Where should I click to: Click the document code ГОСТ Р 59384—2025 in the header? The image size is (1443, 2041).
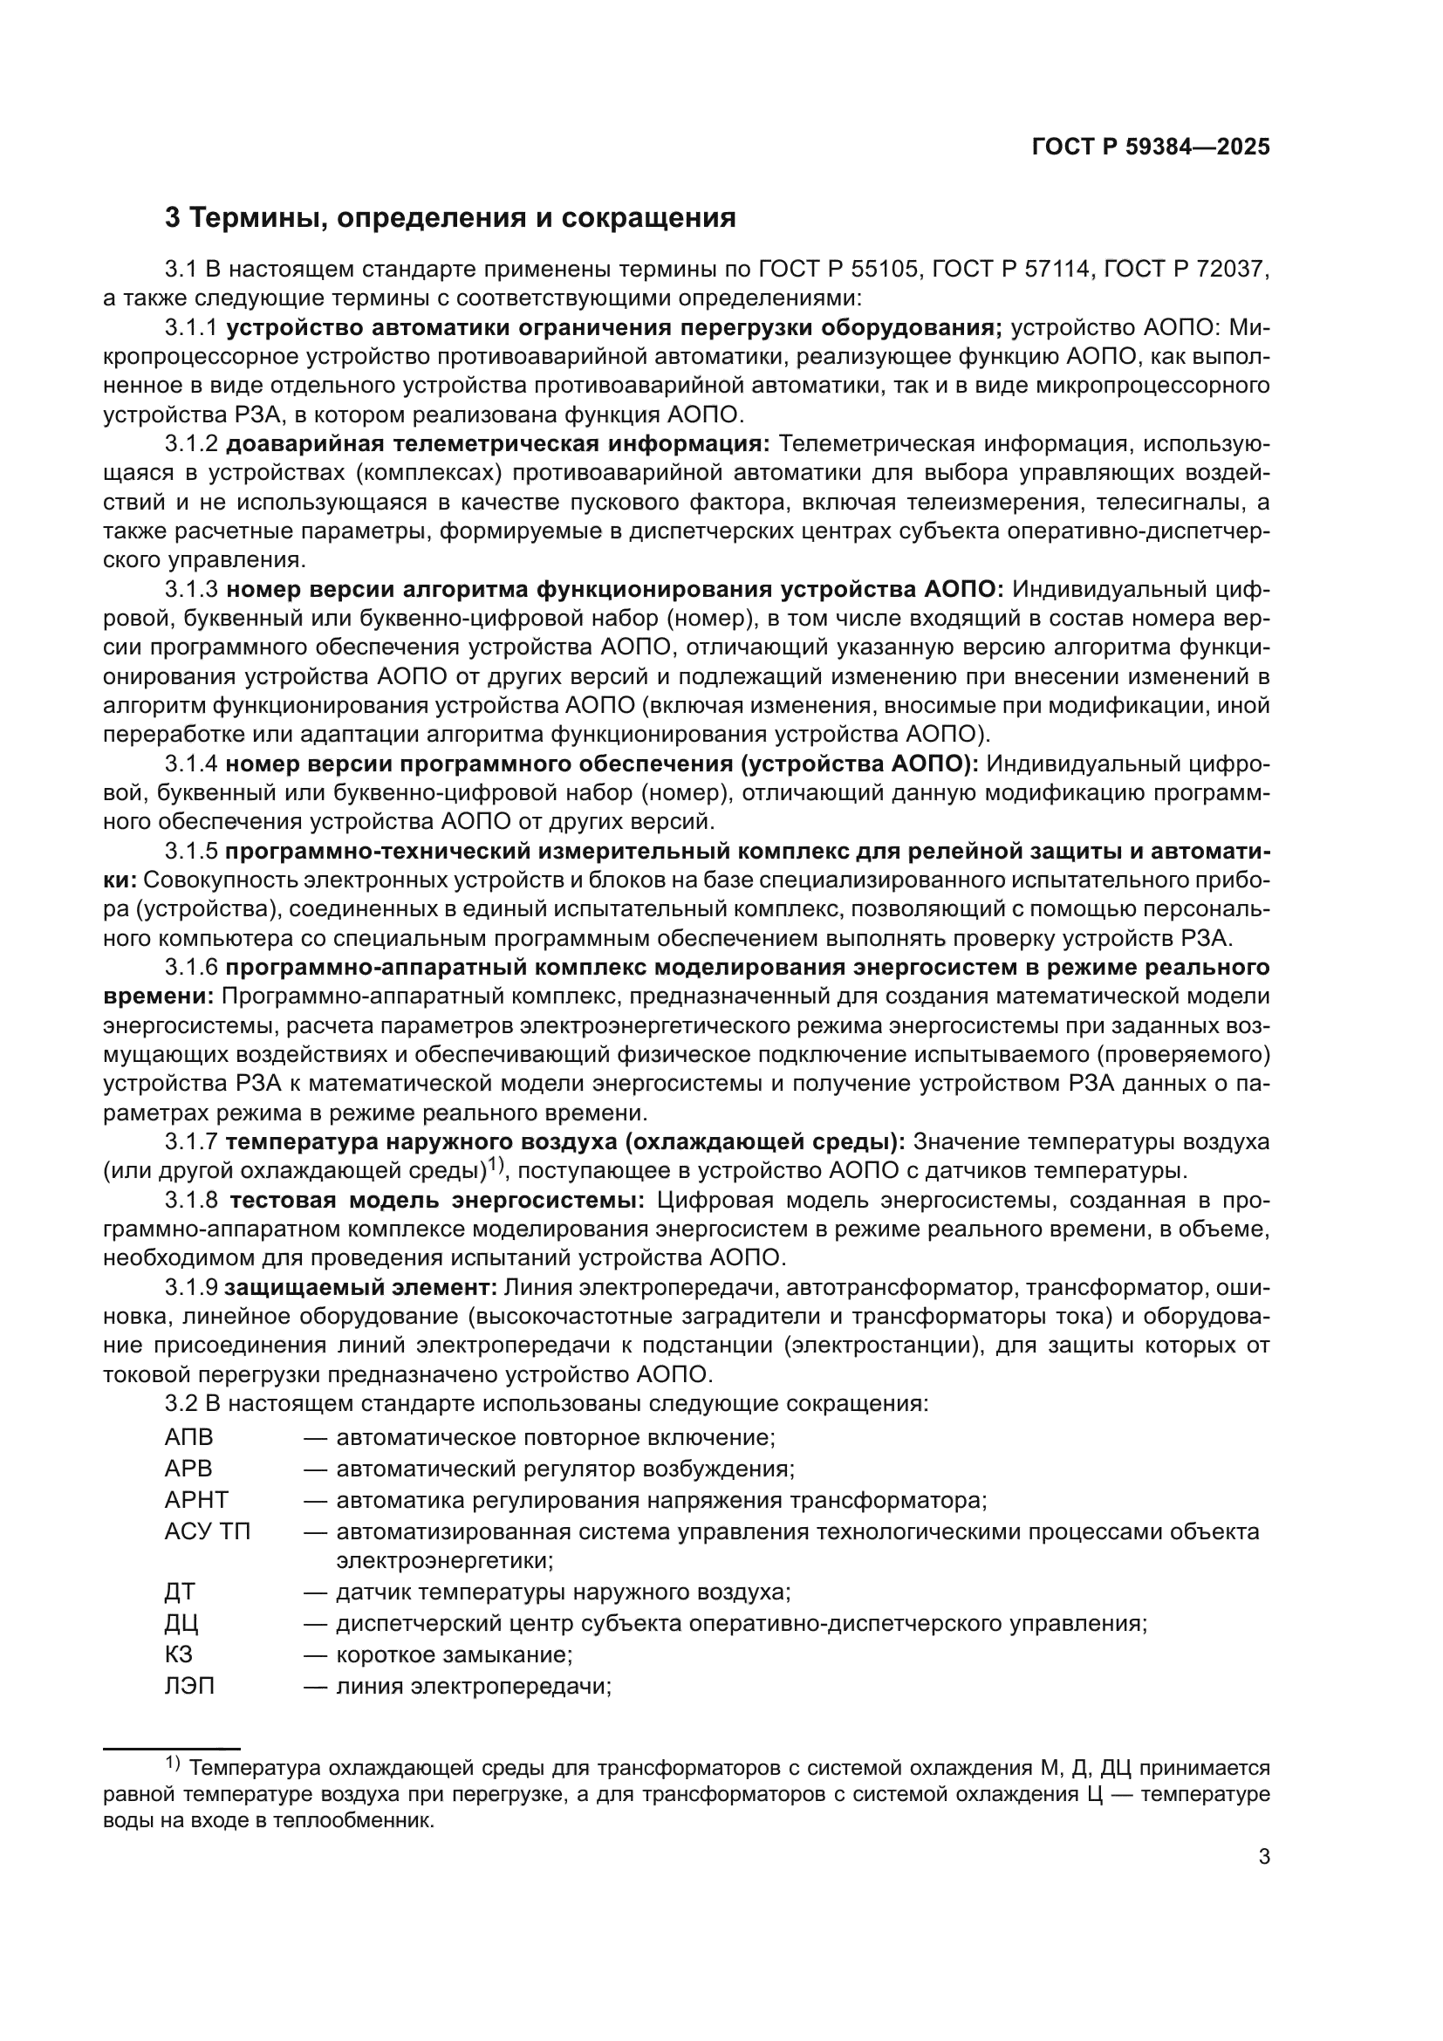(1151, 147)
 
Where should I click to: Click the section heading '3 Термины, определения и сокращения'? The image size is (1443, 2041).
(450, 218)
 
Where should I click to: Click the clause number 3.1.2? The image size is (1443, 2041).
(190, 443)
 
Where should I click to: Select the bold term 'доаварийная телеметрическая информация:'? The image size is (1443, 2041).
(496, 443)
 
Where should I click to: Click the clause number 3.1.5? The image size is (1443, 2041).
(190, 851)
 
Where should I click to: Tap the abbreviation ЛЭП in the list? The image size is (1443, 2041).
(189, 1687)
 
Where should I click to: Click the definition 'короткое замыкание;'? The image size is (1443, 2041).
(453, 1655)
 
